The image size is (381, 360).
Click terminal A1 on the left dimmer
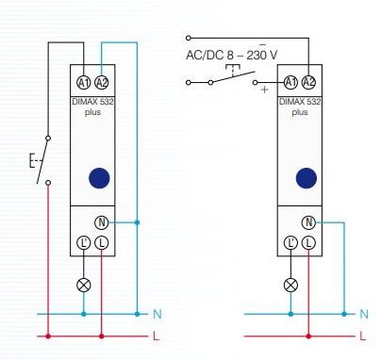click(84, 83)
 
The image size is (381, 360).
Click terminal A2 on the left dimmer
click(102, 83)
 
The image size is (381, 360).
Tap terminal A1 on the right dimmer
click(290, 82)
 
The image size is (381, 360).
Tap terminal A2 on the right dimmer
click(308, 82)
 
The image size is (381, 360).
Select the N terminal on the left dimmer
click(102, 222)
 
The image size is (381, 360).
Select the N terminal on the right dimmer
click(308, 222)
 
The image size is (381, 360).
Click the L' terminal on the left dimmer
click(84, 243)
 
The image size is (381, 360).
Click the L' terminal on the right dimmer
click(290, 243)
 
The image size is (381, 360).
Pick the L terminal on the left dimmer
click(102, 243)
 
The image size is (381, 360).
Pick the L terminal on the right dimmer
click(308, 243)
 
